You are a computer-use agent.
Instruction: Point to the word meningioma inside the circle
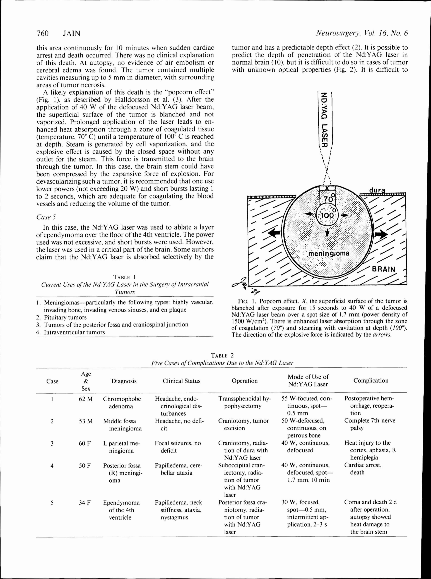pyautogui.click(x=329, y=253)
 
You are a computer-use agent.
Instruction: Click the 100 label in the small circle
pyautogui.click(x=327, y=215)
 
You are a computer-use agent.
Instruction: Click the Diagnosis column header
pyautogui.click(x=124, y=381)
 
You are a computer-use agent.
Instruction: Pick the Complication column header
pyautogui.click(x=370, y=381)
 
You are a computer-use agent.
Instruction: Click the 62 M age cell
pyautogui.click(x=86, y=399)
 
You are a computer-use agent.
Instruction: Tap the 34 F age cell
pyautogui.click(x=85, y=503)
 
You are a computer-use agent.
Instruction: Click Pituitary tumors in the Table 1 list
pyautogui.click(x=65, y=318)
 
